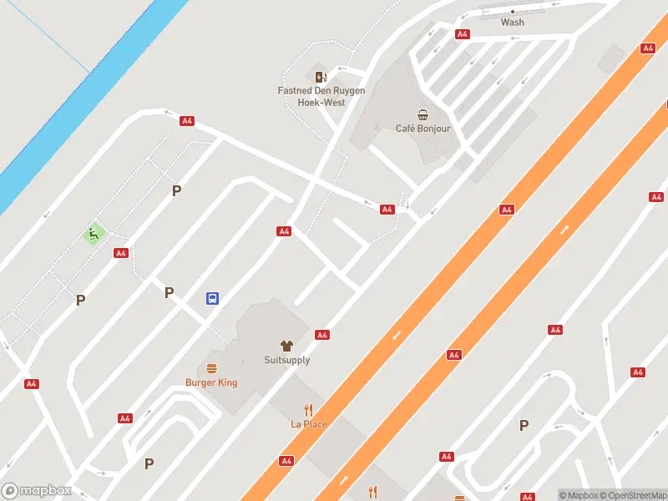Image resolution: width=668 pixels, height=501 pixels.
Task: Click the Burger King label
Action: coord(211,382)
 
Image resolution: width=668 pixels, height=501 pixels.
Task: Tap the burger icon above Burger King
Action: coord(211,368)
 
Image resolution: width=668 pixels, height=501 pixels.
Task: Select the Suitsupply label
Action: coord(286,361)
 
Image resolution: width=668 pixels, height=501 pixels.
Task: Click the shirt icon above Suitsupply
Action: coord(286,345)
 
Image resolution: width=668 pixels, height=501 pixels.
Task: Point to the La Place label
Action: coord(309,424)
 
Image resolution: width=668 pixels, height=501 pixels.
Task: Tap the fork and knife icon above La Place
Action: coord(309,410)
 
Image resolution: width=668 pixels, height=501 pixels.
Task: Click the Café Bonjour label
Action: coord(423,129)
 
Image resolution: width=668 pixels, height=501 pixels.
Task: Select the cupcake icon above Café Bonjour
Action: coord(423,114)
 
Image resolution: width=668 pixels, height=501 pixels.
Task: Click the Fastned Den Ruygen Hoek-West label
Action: coord(321,96)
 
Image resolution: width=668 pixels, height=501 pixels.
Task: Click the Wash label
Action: coord(513,23)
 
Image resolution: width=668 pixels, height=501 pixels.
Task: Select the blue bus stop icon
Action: coord(213,298)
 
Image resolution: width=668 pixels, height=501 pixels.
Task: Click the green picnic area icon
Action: coord(94,234)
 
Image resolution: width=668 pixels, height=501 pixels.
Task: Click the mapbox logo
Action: coord(37,491)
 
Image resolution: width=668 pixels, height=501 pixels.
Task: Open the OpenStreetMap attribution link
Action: coord(632,495)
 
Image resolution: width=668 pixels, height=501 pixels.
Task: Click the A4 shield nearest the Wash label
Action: coord(463,34)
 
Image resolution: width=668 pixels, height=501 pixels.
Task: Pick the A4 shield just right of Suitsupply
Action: coord(321,335)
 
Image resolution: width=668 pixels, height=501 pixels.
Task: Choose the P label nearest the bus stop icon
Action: coord(170,292)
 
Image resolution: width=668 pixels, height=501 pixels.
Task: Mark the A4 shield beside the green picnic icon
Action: coord(121,253)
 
